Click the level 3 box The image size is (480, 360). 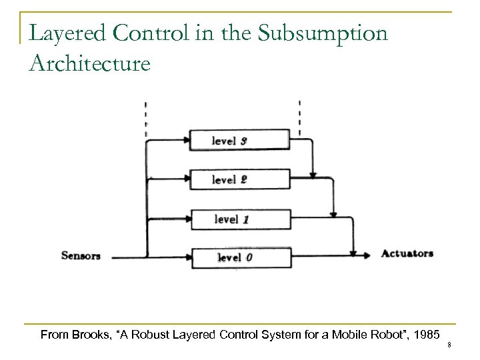pos(240,140)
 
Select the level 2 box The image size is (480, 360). pos(240,179)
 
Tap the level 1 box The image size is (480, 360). pos(240,218)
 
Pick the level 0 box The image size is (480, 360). pos(240,257)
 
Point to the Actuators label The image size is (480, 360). pos(407,253)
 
